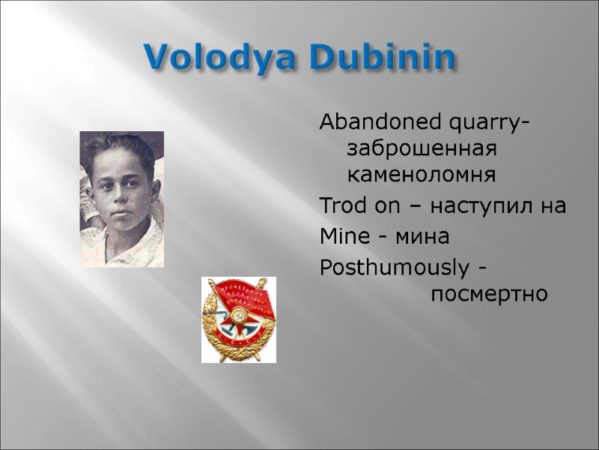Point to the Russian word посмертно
pos(489,294)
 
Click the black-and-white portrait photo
pos(121,199)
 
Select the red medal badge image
pos(238,319)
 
